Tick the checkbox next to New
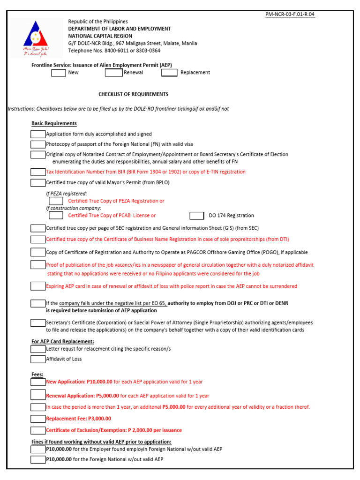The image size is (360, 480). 59,73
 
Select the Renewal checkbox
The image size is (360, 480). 113,73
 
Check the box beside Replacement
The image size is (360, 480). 169,73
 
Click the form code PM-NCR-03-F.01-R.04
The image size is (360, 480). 290,15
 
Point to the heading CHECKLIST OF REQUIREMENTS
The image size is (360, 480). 133,94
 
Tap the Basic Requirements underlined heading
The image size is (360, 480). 54,123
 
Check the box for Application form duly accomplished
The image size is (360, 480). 37,134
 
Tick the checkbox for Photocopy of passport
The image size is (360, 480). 37,144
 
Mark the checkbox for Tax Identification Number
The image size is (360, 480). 37,172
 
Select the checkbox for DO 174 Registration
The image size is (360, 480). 197,216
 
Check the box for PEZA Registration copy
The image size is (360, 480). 56,201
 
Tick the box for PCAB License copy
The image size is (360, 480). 56,216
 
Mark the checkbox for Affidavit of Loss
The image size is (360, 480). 37,359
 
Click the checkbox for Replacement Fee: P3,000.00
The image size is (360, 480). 37,419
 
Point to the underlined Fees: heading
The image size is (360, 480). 37,375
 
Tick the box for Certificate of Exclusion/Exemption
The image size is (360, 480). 37,430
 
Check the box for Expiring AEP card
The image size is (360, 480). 37,286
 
